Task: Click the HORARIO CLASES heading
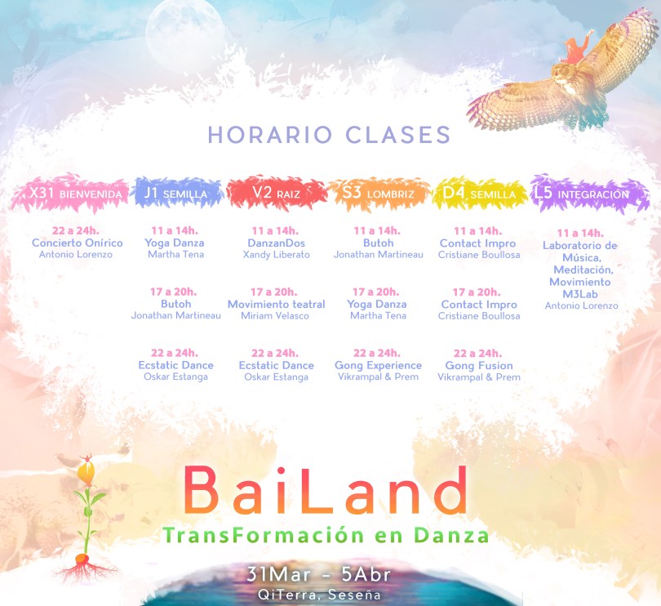329,135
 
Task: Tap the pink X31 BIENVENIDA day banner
70,193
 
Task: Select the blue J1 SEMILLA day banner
177,193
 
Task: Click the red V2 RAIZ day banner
277,193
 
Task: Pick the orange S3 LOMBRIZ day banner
379,194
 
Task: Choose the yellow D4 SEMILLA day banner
480,194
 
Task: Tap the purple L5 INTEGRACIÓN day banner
589,194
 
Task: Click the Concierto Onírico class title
78,243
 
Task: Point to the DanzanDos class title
276,243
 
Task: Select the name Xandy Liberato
276,255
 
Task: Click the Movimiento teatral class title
276,305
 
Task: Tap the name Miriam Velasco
275,316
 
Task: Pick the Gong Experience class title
378,365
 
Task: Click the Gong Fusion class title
479,365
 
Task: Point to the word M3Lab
580,294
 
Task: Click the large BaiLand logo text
325,490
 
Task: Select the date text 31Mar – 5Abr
319,574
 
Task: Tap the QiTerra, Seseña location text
319,595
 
